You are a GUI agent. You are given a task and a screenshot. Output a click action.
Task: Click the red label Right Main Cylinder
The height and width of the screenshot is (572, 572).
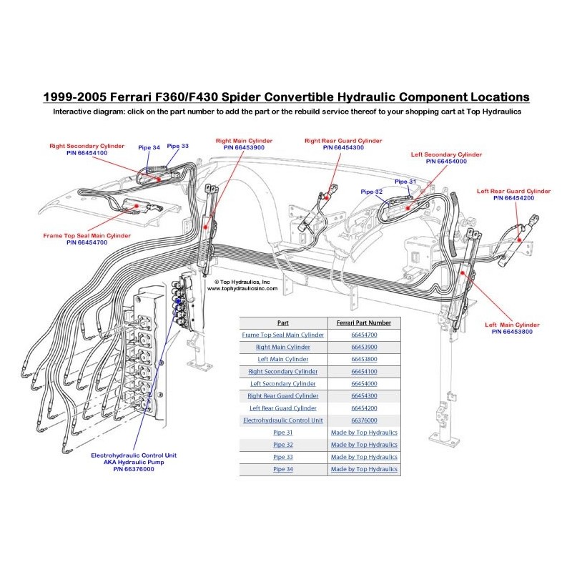(x=244, y=140)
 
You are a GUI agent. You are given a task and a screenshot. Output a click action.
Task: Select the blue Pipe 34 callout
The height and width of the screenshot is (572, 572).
(x=149, y=148)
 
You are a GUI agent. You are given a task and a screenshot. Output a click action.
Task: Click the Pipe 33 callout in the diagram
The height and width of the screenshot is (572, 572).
(x=178, y=146)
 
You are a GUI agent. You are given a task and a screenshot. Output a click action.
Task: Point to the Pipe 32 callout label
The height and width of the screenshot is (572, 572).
(x=372, y=192)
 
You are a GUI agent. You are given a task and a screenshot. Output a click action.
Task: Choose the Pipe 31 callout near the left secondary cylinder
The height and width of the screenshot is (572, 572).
(x=405, y=182)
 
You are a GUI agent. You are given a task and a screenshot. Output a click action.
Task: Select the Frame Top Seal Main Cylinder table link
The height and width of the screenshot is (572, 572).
(x=283, y=335)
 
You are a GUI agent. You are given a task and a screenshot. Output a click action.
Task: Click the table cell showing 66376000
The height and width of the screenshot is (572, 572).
(x=365, y=420)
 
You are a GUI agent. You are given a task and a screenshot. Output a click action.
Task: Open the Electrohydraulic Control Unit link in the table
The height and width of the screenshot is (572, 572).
(x=283, y=420)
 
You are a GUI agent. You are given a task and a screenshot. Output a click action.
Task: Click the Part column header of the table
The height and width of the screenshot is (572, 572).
(x=283, y=322)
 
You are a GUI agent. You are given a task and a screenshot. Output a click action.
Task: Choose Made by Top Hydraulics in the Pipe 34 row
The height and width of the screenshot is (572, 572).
(x=365, y=469)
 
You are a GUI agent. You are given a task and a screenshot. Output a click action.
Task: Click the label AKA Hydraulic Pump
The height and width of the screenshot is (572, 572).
(x=134, y=462)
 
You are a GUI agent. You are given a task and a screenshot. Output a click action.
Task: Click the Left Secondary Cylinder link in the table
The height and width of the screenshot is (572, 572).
(x=283, y=384)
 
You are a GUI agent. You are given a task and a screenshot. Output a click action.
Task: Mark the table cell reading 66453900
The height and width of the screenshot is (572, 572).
(x=365, y=347)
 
